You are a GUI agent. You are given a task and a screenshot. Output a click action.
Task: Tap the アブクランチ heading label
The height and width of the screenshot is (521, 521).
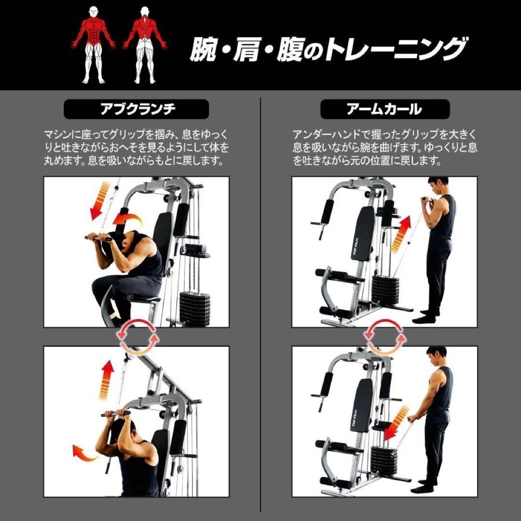(137, 110)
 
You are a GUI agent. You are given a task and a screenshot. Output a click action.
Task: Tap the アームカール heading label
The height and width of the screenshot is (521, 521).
(384, 110)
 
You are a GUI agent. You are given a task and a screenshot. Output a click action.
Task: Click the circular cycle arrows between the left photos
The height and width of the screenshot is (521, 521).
(138, 336)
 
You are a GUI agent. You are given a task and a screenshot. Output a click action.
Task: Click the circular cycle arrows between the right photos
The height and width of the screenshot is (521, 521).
(384, 336)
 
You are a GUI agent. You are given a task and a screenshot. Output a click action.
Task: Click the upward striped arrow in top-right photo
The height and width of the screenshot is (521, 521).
(400, 234)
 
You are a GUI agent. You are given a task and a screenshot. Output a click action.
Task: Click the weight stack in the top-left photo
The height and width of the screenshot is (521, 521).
(195, 306)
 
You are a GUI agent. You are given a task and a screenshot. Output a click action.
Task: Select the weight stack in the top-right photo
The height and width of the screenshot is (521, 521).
(385, 289)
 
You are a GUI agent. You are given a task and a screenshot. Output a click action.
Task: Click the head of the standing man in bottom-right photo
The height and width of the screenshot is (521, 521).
(437, 357)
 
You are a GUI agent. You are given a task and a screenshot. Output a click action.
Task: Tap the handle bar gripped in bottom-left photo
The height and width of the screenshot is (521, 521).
(116, 413)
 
